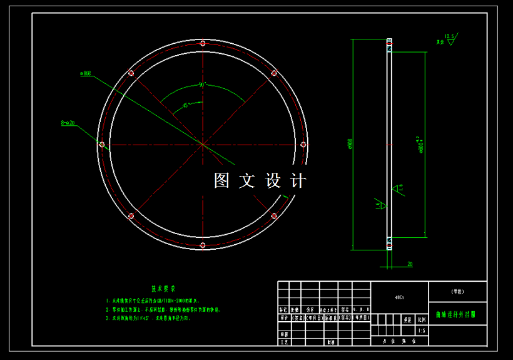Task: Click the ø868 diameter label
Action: tap(86, 73)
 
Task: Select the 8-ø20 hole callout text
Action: tap(68, 123)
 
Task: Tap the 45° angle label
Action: tap(185, 106)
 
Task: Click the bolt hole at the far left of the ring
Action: tap(101, 144)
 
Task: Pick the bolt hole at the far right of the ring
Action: tap(303, 144)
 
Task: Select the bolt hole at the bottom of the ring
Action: tap(202, 245)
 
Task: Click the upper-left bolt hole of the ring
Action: tap(131, 73)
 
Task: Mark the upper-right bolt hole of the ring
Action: tap(274, 73)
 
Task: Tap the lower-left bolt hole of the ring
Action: tap(131, 216)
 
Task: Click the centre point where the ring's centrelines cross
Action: tap(203, 144)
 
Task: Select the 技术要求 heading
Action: tap(163, 289)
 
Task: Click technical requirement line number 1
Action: tap(163, 301)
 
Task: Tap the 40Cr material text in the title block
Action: tap(399, 297)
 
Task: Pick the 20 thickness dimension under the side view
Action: tap(410, 264)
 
